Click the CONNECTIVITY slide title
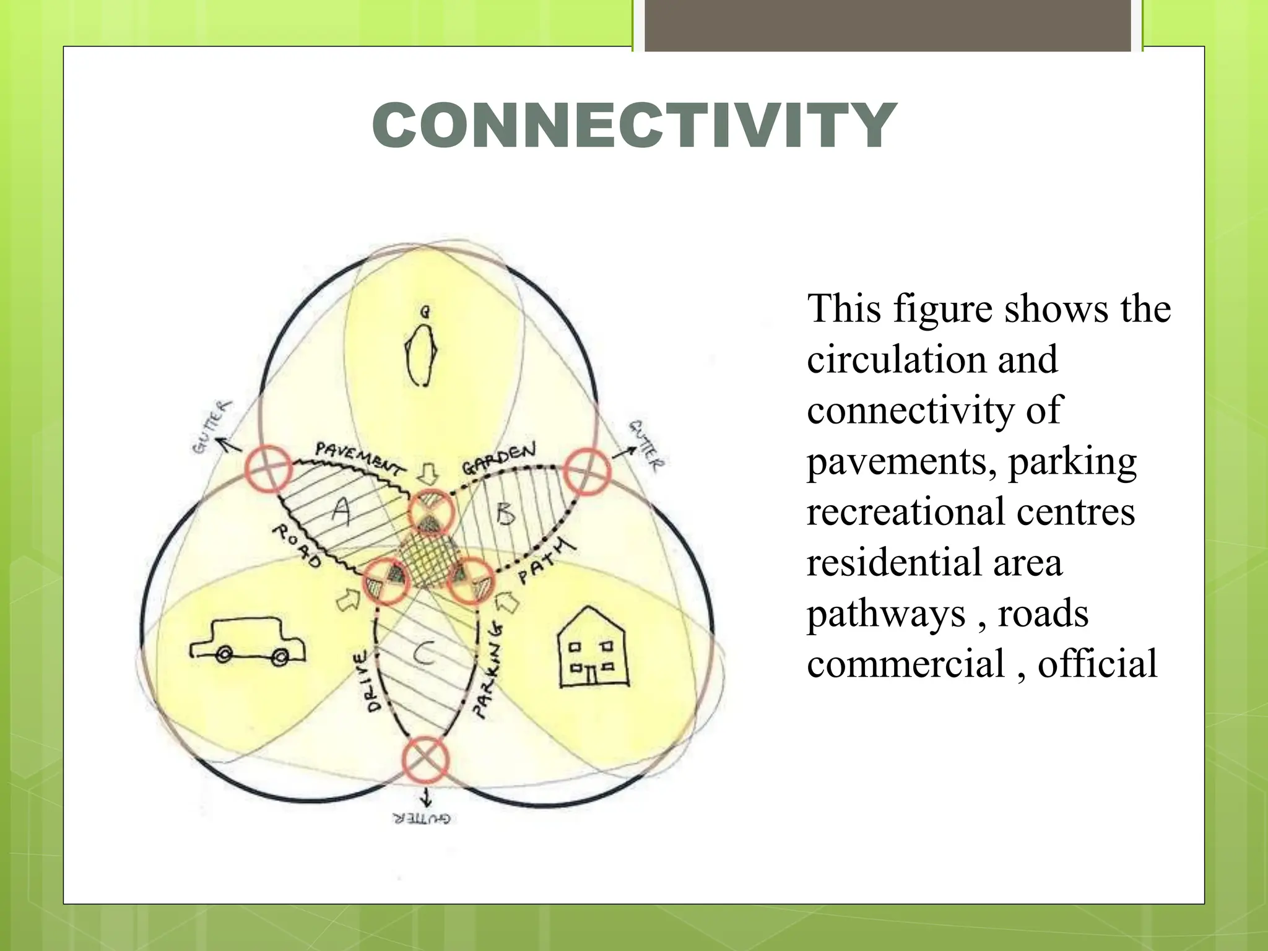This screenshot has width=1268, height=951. click(634, 125)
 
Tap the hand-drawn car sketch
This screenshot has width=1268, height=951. click(248, 640)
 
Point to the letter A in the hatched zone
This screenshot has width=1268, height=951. click(341, 511)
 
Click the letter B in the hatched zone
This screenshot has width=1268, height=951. click(506, 513)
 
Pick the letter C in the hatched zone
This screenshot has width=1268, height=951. click(424, 653)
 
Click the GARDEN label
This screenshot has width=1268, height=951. click(499, 458)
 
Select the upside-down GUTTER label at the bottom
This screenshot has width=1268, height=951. click(422, 819)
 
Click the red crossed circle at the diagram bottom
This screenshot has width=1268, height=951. click(425, 759)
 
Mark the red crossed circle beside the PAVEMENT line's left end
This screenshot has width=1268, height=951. click(268, 469)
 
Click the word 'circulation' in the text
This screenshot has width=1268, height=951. click(932, 360)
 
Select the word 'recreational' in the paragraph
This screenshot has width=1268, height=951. click(906, 512)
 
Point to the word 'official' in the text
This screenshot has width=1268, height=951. click(1096, 664)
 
